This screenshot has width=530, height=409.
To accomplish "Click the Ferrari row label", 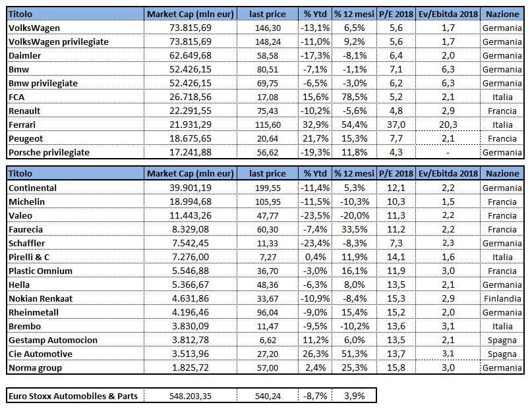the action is tap(22, 124).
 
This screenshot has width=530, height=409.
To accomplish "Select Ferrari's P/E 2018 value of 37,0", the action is tap(396, 124).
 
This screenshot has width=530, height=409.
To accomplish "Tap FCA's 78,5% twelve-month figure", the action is tap(354, 97).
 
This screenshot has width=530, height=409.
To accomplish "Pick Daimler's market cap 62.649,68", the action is tap(191, 55).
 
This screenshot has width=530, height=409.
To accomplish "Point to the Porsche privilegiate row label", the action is tap(49, 153).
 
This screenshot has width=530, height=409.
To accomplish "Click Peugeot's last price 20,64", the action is tap(268, 139).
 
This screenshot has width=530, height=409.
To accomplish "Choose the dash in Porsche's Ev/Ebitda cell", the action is tap(448, 153).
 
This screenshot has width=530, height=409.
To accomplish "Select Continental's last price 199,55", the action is tap(268, 188).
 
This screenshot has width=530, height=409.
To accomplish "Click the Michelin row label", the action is tap(27, 202).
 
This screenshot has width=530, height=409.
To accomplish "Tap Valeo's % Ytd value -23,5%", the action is tap(315, 215).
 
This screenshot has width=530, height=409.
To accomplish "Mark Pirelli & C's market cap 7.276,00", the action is tap(191, 257).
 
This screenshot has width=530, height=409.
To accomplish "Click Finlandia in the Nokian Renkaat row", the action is tap(502, 298).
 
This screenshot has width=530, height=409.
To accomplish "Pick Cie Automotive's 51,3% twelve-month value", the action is tap(354, 354).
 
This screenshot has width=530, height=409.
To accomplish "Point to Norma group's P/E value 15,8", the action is tap(396, 368).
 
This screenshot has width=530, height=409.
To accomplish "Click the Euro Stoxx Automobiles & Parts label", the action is tap(73, 396).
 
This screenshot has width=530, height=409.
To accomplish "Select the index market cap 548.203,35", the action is tap(191, 396).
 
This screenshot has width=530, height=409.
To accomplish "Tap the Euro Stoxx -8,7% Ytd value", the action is tap(315, 396).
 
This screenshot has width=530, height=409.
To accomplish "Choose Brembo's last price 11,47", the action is tap(268, 326).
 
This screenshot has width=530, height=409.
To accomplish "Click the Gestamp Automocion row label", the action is tap(53, 340).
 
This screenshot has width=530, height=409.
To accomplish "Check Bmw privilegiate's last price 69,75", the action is tap(268, 83).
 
